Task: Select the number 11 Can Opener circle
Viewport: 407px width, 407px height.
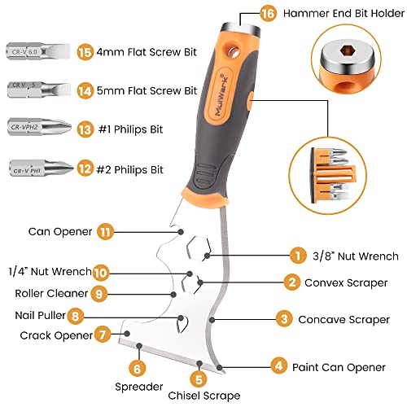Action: pyautogui.click(x=103, y=231)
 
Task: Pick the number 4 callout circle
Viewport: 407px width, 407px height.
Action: pyautogui.click(x=279, y=366)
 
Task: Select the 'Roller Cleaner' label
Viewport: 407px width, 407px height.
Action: pyautogui.click(x=48, y=293)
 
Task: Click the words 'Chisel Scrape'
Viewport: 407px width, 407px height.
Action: pyautogui.click(x=199, y=396)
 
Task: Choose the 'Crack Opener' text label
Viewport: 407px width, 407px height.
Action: pyautogui.click(x=50, y=335)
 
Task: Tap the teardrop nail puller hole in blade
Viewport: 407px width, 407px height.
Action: pyautogui.click(x=184, y=324)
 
